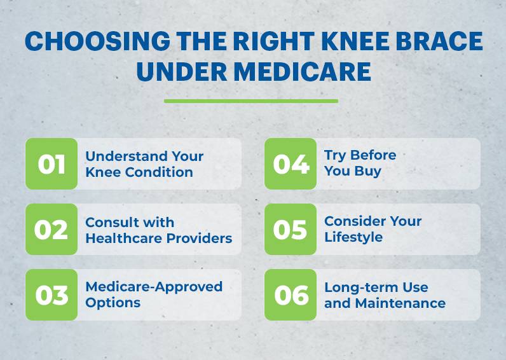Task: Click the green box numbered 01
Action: [51, 164]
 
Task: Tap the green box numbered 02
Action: [51, 230]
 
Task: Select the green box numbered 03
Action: [51, 295]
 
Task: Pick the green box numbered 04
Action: [291, 164]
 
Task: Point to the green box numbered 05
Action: [291, 230]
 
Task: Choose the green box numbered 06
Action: [291, 295]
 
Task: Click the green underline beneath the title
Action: [251, 100]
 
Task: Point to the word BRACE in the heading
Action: [443, 42]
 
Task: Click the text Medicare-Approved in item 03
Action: [154, 287]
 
